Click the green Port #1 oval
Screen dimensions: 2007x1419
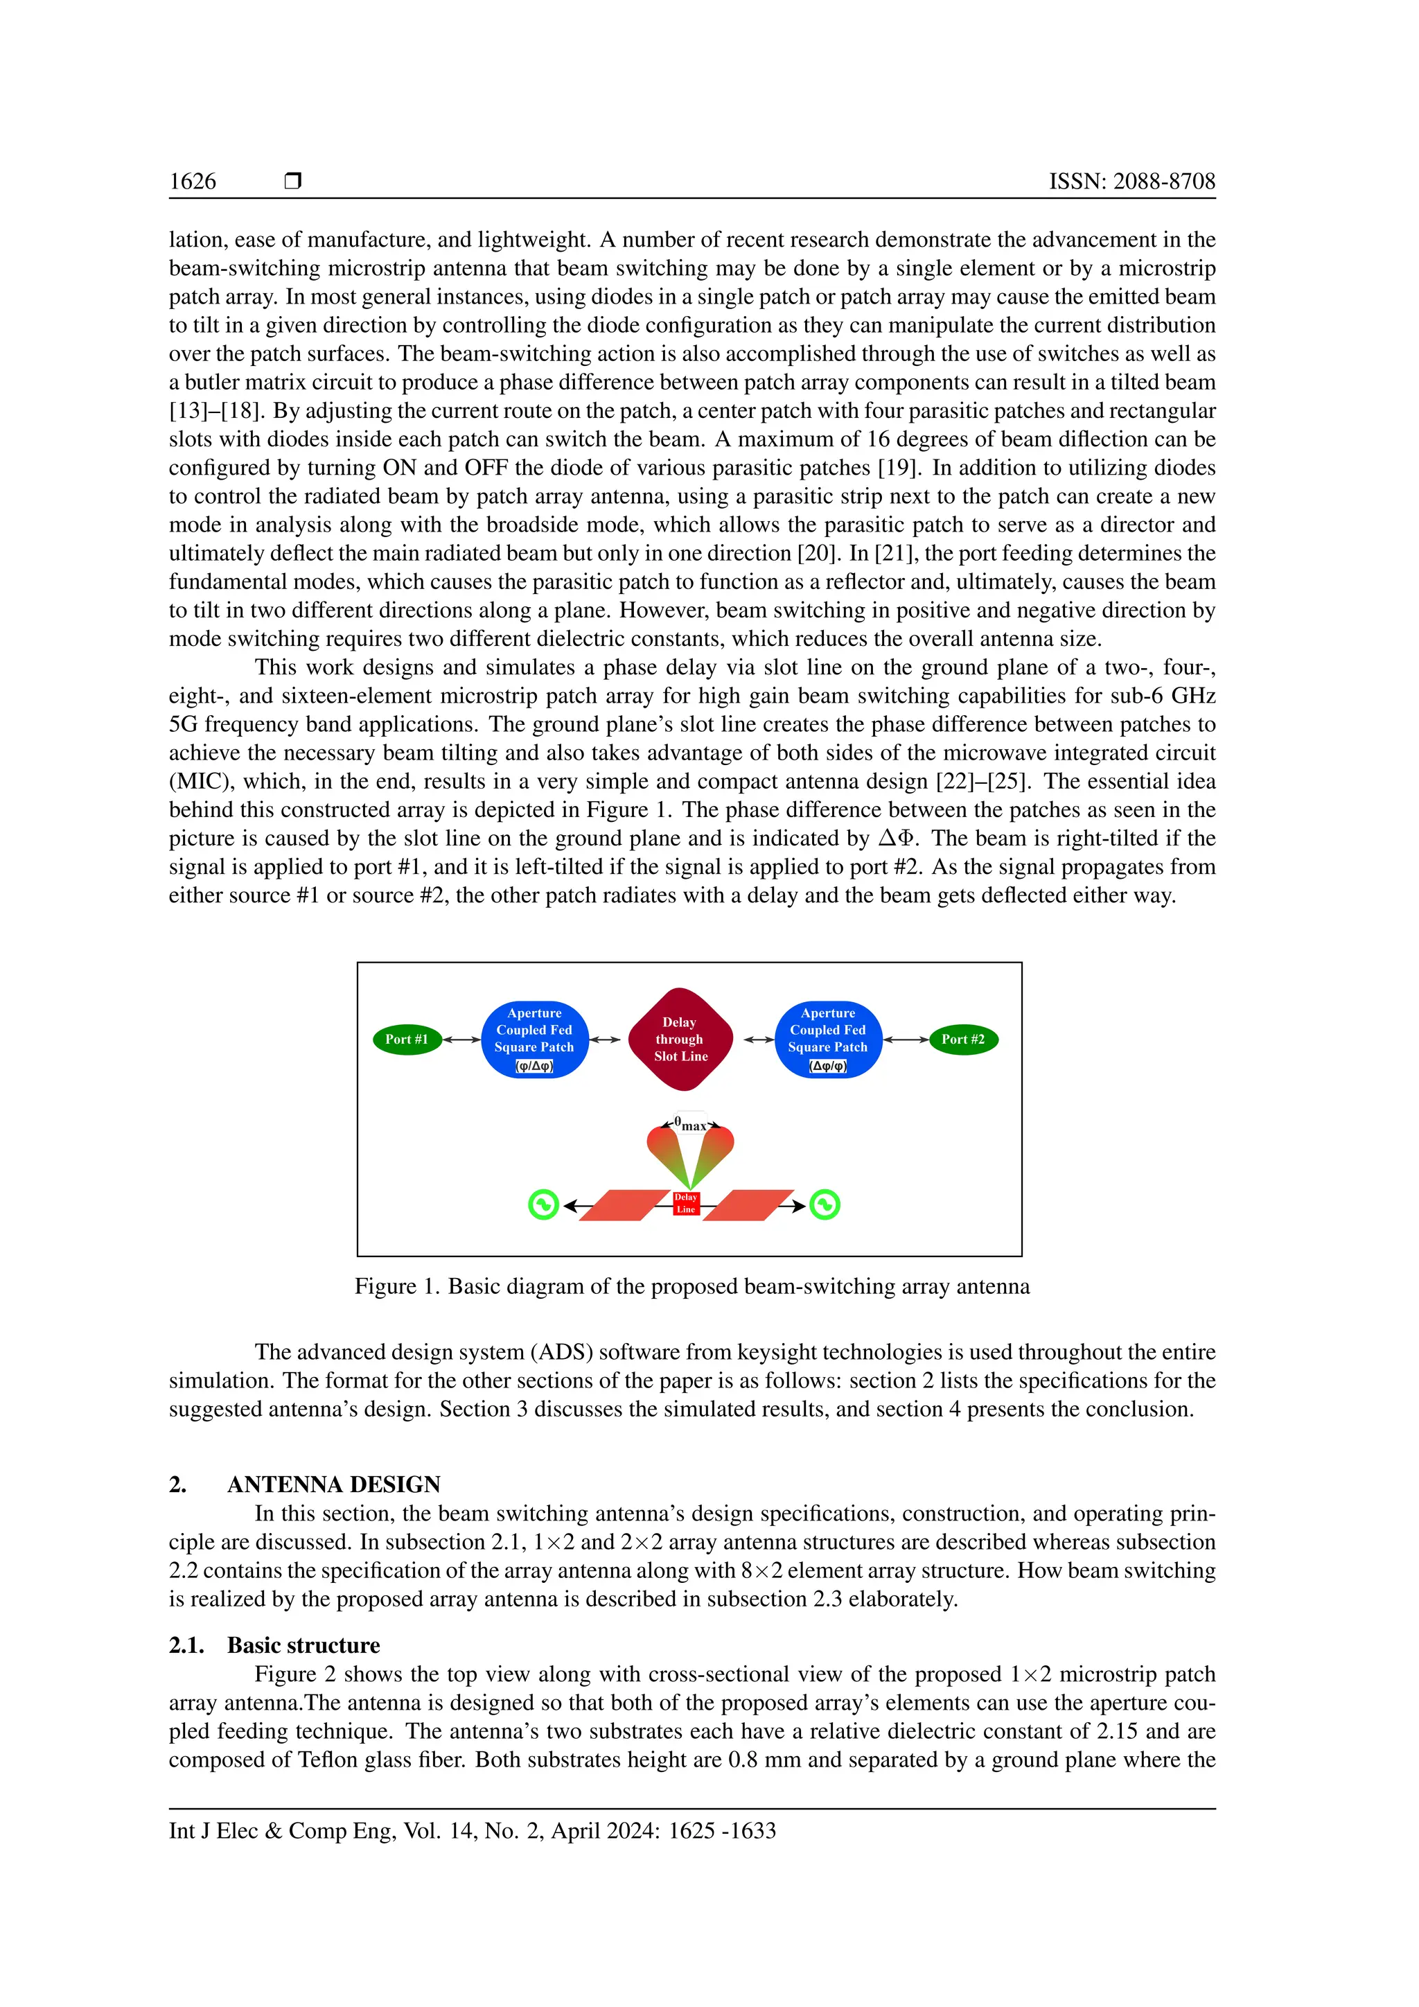406,1040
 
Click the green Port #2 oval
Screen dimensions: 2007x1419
963,1040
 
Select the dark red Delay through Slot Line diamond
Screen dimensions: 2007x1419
680,1040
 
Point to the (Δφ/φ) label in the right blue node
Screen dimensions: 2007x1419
827,1066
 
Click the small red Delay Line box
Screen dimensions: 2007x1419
686,1204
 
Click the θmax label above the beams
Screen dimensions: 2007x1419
690,1124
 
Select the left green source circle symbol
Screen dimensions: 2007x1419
543,1204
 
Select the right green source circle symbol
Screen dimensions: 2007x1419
824,1204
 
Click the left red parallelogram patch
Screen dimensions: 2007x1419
624,1205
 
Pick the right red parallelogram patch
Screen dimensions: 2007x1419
748,1205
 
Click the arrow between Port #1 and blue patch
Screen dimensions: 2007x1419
461,1040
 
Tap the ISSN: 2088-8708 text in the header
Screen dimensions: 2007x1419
1131,181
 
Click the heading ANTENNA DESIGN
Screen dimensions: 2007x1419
334,1484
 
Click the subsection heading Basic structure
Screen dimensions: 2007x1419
303,1645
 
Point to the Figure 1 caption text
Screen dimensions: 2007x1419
691,1286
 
